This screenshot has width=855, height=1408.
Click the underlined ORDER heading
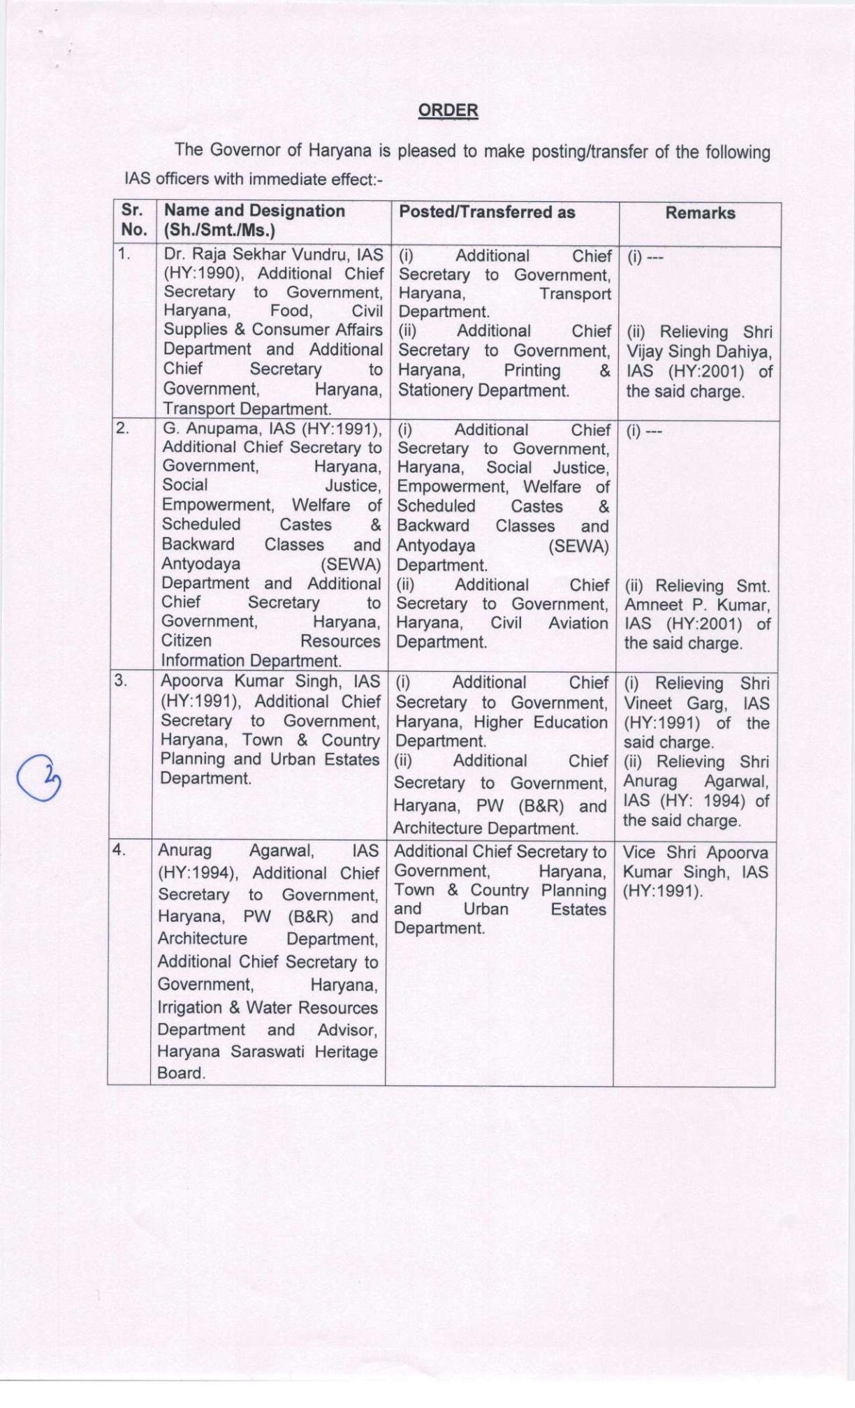point(448,110)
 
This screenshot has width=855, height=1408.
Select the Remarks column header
point(700,213)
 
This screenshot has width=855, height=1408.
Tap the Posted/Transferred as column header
point(487,212)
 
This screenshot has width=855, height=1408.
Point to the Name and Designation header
point(254,211)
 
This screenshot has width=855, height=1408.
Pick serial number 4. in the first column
point(119,849)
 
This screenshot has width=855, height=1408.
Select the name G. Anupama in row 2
point(207,428)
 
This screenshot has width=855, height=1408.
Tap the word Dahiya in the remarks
point(745,352)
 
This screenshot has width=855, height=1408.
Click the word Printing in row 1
point(532,370)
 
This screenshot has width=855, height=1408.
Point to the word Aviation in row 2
point(578,623)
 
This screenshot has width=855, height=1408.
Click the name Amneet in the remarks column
point(654,605)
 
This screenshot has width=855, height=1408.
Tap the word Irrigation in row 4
point(189,1007)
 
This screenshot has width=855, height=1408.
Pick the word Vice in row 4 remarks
point(640,853)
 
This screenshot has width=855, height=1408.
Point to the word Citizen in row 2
point(187,640)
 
